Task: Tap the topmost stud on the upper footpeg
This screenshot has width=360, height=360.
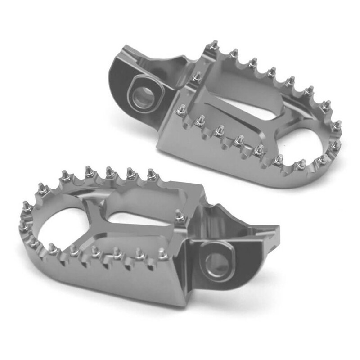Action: point(215,45)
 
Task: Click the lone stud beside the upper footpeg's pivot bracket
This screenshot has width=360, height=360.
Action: point(197,76)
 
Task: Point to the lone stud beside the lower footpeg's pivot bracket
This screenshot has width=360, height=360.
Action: point(180,216)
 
